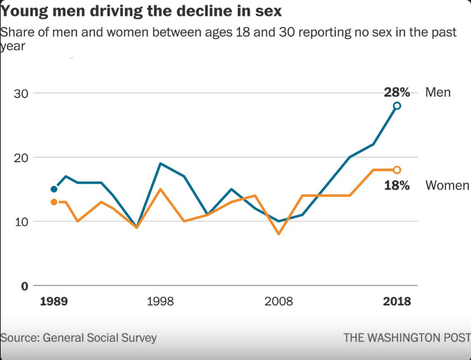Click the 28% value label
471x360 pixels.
pos(397,92)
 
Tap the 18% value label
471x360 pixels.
pos(397,186)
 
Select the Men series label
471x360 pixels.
pos(438,92)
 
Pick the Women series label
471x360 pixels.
pos(447,185)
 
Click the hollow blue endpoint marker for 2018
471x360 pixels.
pos(397,105)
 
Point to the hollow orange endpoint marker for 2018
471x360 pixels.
pos(397,170)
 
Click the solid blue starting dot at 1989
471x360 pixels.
pos(54,189)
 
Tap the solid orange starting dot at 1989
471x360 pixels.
pos(54,202)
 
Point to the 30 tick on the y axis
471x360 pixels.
pos(21,94)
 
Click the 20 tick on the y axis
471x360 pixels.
pos(21,157)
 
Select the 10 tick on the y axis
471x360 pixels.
pos(21,222)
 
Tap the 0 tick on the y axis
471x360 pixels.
pos(25,286)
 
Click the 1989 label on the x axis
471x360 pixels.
pos(54,301)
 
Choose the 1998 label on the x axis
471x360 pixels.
pos(160,301)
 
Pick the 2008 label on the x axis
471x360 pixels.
pos(279,301)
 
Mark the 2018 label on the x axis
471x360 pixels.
pos(397,301)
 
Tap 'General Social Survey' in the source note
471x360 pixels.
pos(100,338)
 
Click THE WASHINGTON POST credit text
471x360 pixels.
pos(407,338)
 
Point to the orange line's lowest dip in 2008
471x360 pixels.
pos(279,234)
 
